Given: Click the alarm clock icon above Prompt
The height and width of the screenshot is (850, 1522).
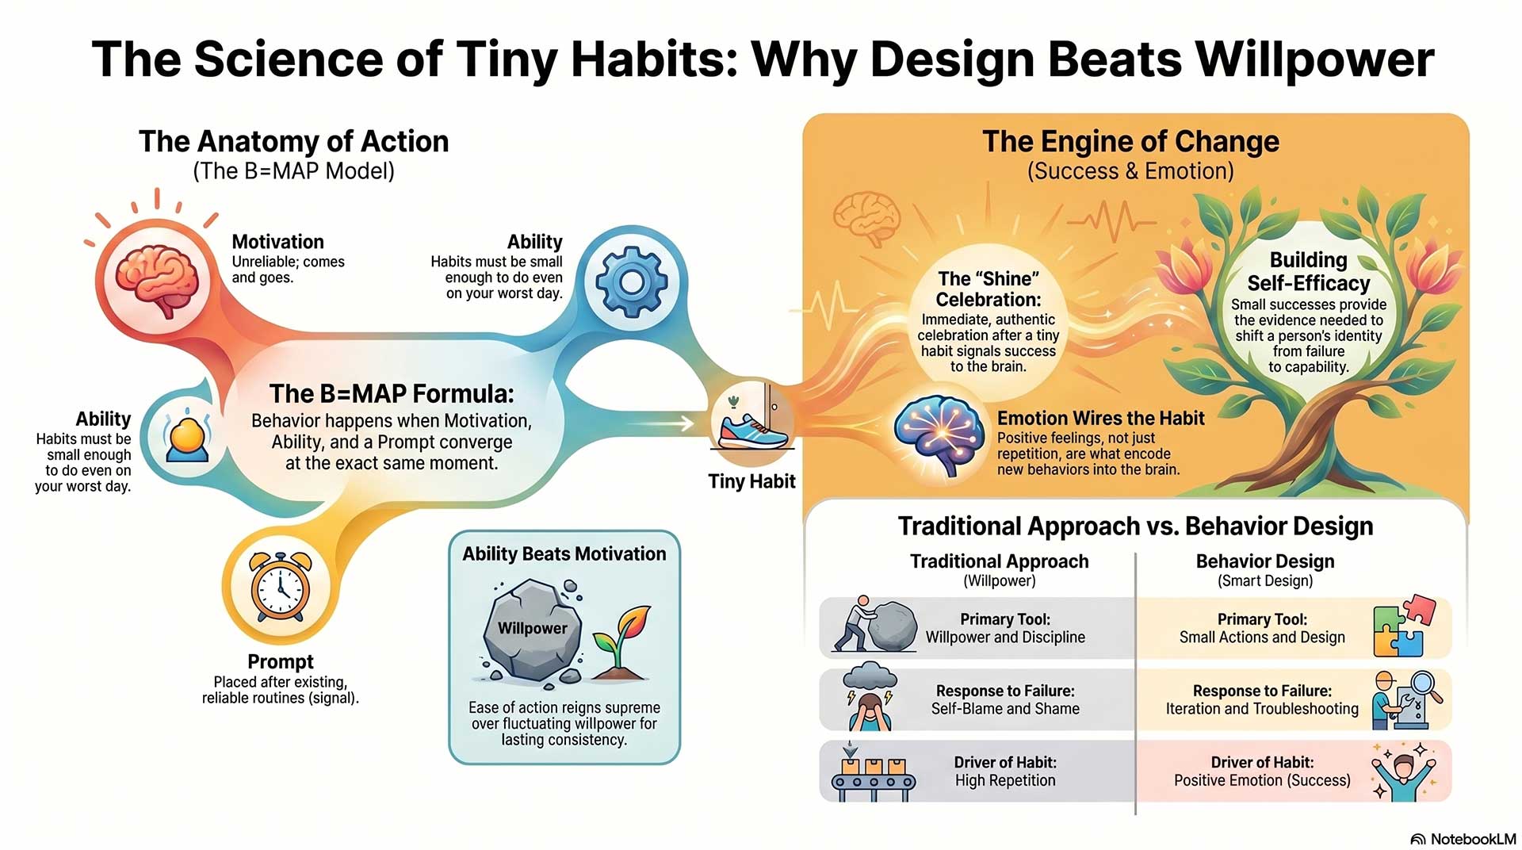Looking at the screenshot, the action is pyautogui.click(x=280, y=585).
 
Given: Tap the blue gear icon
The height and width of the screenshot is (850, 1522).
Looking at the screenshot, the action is pyautogui.click(x=631, y=281).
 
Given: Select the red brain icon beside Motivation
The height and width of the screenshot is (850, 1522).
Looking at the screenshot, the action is pyautogui.click(x=156, y=280).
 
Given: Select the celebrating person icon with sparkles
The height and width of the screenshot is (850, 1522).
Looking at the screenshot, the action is pyautogui.click(x=1404, y=771).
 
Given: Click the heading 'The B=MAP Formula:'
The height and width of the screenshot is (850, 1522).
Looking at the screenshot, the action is pyautogui.click(x=392, y=393).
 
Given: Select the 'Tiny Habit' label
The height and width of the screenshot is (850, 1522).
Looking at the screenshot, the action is pyautogui.click(x=751, y=481).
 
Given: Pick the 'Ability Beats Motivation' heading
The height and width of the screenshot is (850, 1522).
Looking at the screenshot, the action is pyautogui.click(x=564, y=553).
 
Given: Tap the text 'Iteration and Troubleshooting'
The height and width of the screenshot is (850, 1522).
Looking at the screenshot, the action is pyautogui.click(x=1262, y=709).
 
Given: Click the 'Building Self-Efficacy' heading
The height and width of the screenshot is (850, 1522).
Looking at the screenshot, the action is pyautogui.click(x=1308, y=271).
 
